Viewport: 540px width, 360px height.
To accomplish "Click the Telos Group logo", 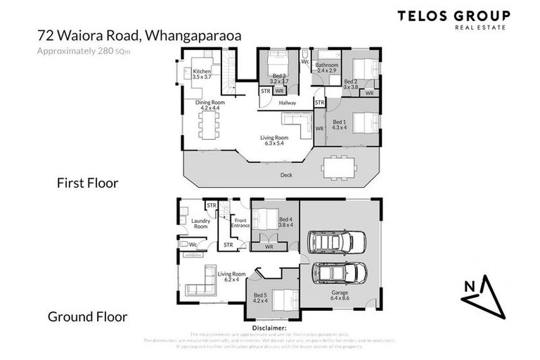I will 454,19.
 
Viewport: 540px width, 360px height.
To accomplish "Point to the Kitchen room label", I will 202,75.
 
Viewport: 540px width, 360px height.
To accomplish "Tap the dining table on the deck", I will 338,167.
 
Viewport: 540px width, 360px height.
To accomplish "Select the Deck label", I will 285,174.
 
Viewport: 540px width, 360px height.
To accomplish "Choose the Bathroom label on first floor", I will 327,68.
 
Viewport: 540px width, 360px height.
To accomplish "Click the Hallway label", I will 287,103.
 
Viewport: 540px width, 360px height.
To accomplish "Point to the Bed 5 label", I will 260,298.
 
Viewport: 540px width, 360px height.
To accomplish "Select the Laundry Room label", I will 200,223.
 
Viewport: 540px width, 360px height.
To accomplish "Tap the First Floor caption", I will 87,184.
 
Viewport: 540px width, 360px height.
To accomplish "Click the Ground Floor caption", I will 87,316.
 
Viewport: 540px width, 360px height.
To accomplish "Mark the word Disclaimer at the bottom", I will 270,327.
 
